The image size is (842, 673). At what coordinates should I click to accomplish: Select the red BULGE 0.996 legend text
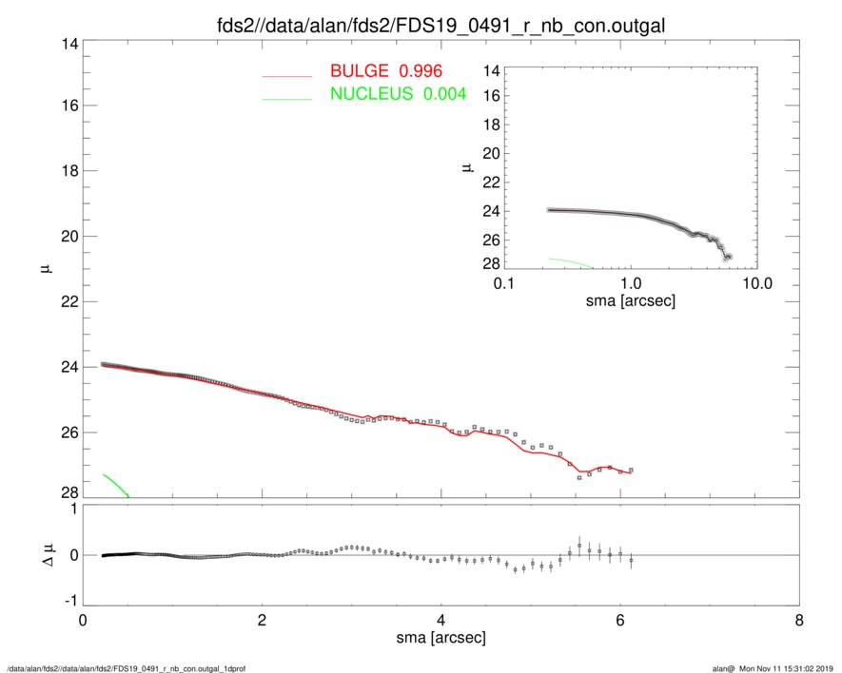tap(386, 71)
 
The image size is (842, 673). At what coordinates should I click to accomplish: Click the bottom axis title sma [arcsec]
tap(441, 639)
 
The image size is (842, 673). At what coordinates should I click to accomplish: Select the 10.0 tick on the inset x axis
tap(756, 283)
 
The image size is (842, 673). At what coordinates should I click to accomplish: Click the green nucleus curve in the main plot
tap(115, 484)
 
